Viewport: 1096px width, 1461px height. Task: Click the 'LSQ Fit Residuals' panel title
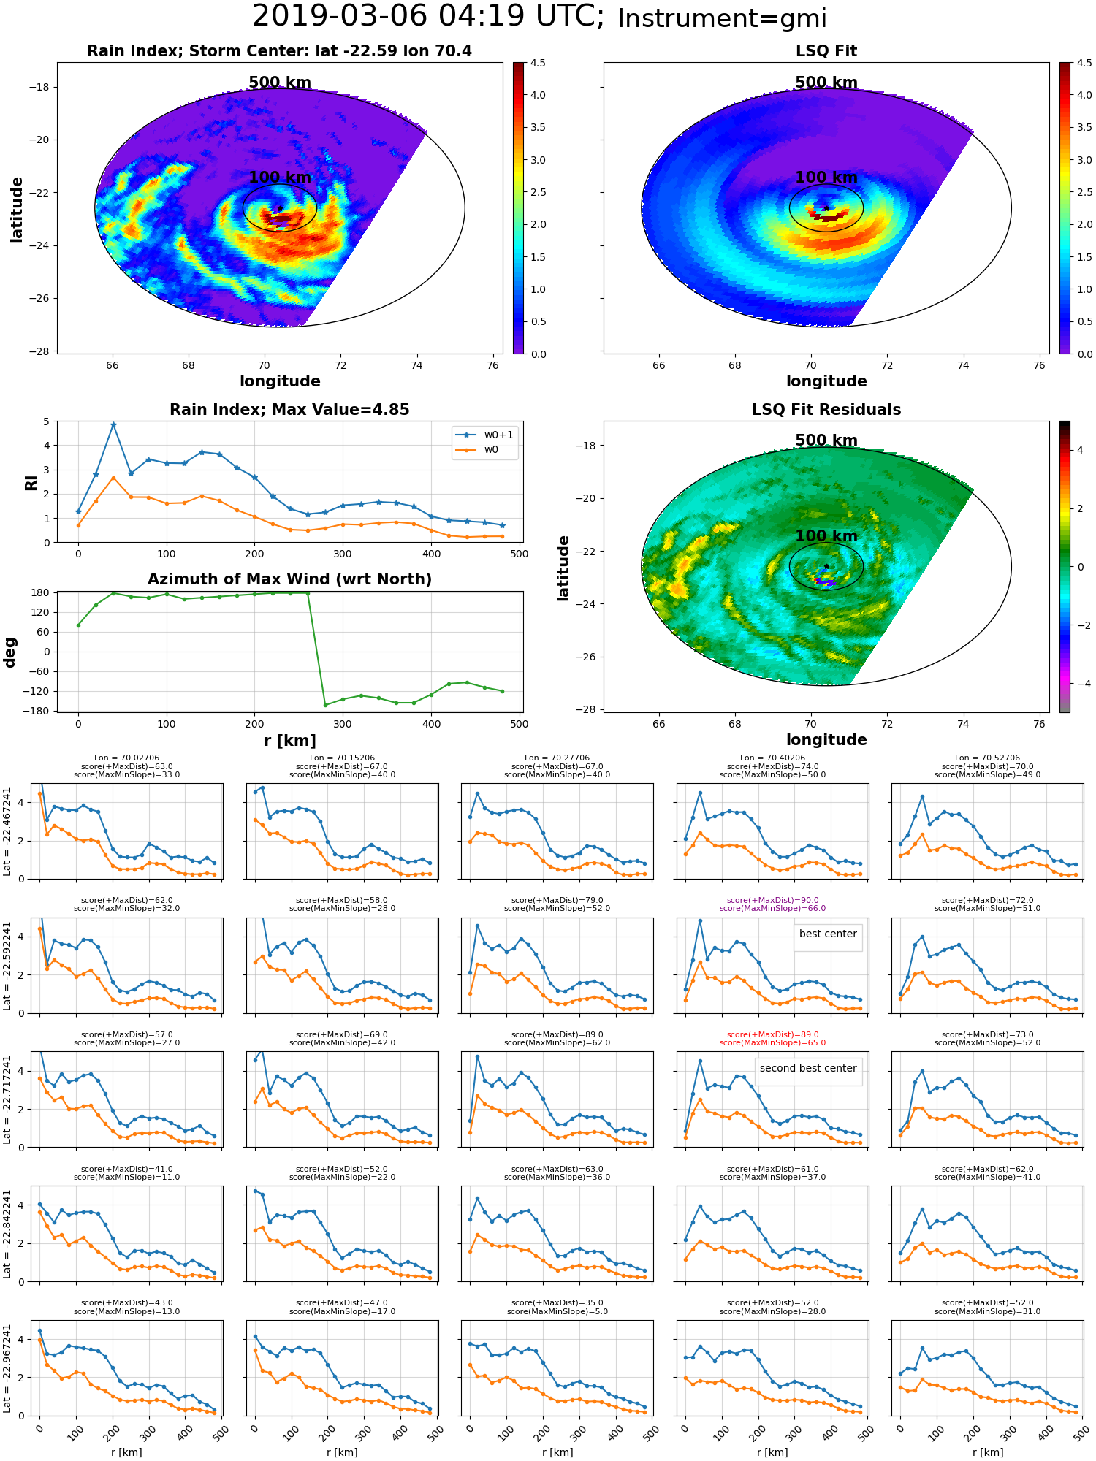click(826, 410)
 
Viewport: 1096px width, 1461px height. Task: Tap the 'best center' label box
click(828, 934)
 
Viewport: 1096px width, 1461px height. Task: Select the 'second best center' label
click(808, 1068)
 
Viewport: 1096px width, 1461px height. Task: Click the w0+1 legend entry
click(485, 435)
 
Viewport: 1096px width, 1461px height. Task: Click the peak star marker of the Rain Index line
click(113, 425)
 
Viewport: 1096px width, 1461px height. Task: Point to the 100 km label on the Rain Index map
click(280, 178)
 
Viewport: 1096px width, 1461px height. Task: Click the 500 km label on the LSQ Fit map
click(826, 83)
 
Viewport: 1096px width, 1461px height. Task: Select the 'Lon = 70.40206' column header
click(772, 758)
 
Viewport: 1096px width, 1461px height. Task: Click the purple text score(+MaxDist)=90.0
click(772, 900)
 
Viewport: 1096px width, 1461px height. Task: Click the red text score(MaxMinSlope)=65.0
click(772, 1042)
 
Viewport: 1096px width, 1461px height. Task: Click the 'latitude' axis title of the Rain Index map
click(16, 209)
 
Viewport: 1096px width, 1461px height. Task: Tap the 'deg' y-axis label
click(10, 652)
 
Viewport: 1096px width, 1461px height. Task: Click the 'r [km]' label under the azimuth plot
click(290, 741)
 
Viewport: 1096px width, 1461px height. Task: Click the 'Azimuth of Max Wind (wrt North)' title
click(289, 579)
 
